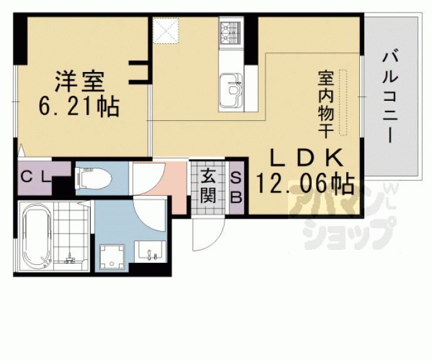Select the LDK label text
tap(307, 157)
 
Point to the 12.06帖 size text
tap(304, 183)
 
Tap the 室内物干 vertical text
tap(325, 103)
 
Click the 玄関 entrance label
tap(208, 187)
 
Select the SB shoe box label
tap(237, 186)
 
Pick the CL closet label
tap(36, 176)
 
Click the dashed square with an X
tap(166, 30)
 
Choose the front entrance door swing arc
tap(205, 235)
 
